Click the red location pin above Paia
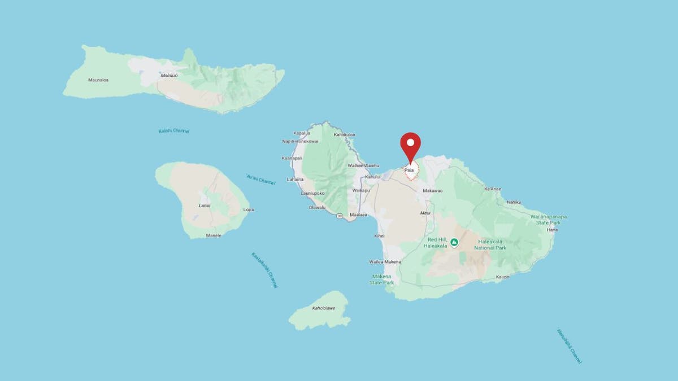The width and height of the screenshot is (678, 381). pos(411,144)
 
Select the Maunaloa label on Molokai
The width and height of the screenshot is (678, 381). pos(98,80)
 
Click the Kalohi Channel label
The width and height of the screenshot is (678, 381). pos(174,131)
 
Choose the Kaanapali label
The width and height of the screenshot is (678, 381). pos(293,158)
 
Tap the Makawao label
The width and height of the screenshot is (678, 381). pos(433,191)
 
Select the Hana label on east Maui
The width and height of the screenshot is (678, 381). pos(553,230)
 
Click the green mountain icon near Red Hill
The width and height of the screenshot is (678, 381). pos(454,243)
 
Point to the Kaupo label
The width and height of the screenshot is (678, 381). pos(503,277)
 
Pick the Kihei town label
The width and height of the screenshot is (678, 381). pos(380,235)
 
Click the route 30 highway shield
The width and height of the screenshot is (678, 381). pos(338,216)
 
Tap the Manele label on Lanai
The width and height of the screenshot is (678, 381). pos(214,235)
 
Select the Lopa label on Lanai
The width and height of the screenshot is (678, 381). pos(248,209)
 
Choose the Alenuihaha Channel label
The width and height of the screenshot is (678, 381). pos(568,345)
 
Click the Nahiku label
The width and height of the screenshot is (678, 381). pos(514,202)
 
